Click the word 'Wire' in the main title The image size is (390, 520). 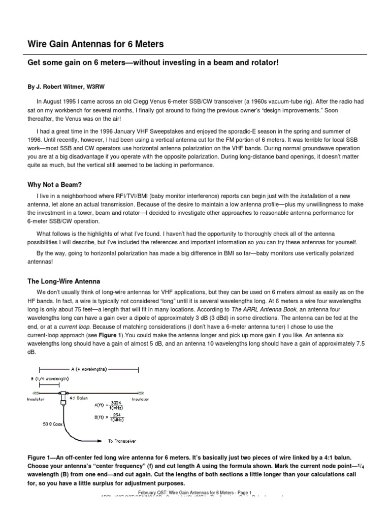point(38,44)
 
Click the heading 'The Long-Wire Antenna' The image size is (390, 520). point(63,281)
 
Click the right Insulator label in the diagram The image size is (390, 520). point(140,400)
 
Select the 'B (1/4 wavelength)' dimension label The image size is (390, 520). point(50,379)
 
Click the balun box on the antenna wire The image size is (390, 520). point(64,394)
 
